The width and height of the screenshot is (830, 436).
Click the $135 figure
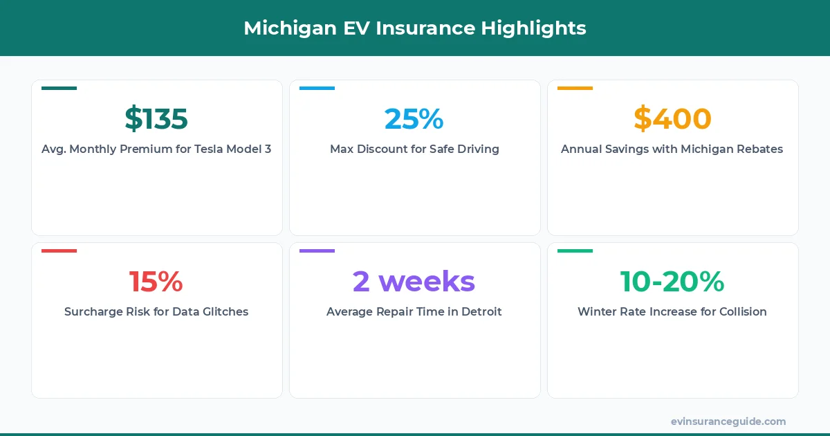click(156, 119)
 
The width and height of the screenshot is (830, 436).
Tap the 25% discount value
click(414, 119)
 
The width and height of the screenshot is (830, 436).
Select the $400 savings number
click(672, 119)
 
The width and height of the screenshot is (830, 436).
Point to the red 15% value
click(156, 282)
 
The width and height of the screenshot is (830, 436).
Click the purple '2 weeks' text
click(414, 282)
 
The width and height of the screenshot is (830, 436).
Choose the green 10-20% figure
click(672, 282)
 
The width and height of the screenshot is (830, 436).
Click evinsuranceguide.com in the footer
click(728, 421)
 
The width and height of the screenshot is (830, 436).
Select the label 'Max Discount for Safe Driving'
click(414, 149)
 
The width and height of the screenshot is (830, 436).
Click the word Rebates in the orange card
click(759, 149)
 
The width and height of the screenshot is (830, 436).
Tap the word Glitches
click(223, 311)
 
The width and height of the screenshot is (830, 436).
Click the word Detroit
click(479, 311)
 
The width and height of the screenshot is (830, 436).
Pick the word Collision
click(740, 311)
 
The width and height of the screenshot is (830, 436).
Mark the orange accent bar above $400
click(575, 89)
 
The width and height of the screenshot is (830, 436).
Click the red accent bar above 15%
click(59, 251)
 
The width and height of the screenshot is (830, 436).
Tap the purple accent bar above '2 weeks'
click(317, 251)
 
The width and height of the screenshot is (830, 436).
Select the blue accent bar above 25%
click(317, 89)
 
